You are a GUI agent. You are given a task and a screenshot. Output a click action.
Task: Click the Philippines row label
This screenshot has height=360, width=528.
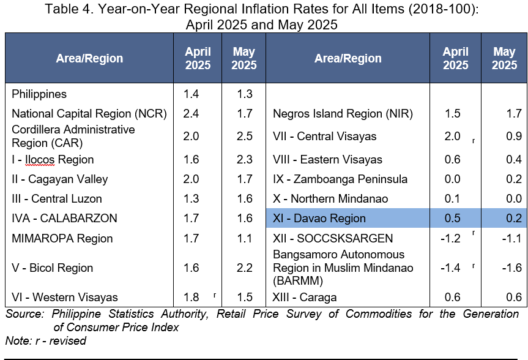pyautogui.click(x=39, y=94)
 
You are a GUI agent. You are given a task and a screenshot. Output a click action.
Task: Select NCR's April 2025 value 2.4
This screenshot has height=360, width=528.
pyautogui.click(x=191, y=114)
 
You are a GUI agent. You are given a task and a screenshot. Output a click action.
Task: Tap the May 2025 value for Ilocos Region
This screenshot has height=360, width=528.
pyautogui.click(x=245, y=159)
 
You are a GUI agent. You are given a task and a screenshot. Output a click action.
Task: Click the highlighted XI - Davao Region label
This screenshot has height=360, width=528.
pyautogui.click(x=319, y=219)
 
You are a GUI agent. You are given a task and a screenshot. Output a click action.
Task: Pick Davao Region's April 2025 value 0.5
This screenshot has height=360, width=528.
pyautogui.click(x=452, y=219)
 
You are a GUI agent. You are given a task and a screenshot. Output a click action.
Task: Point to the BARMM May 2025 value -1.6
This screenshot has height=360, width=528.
pyautogui.click(x=512, y=268)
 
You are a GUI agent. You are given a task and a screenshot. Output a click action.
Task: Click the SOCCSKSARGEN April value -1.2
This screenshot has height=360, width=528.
pyautogui.click(x=450, y=238)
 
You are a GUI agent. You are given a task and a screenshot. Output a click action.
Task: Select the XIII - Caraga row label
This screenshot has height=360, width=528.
pyautogui.click(x=305, y=298)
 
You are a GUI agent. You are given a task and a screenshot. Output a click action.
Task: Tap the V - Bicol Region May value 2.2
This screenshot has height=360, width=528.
pyautogui.click(x=245, y=268)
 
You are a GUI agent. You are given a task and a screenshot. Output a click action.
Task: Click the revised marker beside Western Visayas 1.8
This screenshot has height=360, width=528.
pyautogui.click(x=215, y=295)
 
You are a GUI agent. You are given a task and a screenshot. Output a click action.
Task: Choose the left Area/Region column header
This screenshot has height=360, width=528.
pyautogui.click(x=89, y=58)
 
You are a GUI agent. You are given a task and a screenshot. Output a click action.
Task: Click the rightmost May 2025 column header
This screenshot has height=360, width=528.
pyautogui.click(x=504, y=58)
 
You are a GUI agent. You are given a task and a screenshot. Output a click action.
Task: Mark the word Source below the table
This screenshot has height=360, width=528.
pyautogui.click(x=24, y=314)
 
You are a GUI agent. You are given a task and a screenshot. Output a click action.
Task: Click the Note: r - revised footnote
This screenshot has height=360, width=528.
pyautogui.click(x=46, y=341)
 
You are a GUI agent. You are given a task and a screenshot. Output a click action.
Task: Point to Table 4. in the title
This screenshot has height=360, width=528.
pyautogui.click(x=69, y=9)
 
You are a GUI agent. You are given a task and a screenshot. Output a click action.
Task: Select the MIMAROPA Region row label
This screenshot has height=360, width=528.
pyautogui.click(x=62, y=239)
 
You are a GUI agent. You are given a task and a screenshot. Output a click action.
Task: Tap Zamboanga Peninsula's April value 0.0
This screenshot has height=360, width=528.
pyautogui.click(x=452, y=179)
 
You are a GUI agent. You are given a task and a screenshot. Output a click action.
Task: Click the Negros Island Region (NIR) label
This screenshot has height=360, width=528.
pyautogui.click(x=343, y=114)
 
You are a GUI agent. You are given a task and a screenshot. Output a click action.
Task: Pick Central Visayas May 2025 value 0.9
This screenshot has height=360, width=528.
pyautogui.click(x=514, y=136)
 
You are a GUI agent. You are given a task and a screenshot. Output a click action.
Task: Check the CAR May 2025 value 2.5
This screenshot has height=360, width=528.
pyautogui.click(x=245, y=136)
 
